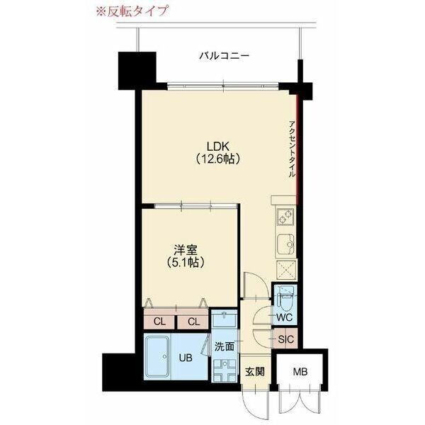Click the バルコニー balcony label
223,55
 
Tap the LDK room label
218,146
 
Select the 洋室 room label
187,249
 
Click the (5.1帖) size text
187,262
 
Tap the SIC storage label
285,339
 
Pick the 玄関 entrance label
255,371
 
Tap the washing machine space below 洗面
226,369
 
